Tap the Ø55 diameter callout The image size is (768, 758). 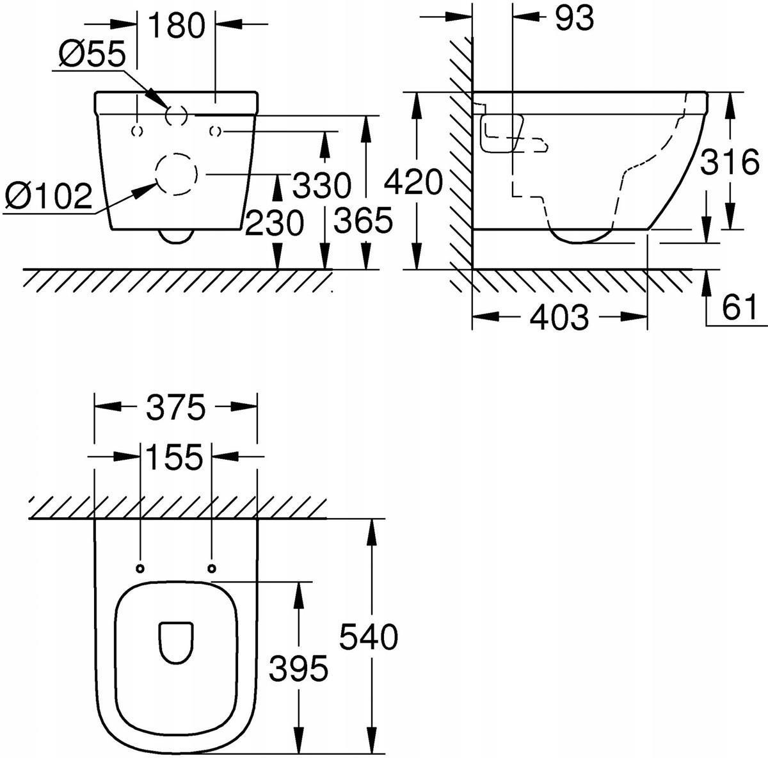[x=92, y=54]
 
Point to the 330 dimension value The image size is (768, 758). [x=322, y=185]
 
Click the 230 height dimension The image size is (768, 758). [x=275, y=223]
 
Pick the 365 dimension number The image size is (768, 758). [x=364, y=220]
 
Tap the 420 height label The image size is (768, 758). [x=413, y=181]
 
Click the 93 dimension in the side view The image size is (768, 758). [x=574, y=18]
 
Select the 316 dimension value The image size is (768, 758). [x=730, y=161]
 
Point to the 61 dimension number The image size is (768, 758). [x=739, y=306]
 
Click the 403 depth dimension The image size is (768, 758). [x=559, y=317]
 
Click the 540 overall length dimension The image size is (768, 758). [x=369, y=637]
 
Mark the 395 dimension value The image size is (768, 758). [x=298, y=668]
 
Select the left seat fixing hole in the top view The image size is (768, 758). [x=140, y=568]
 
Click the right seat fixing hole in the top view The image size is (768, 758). [x=212, y=568]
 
